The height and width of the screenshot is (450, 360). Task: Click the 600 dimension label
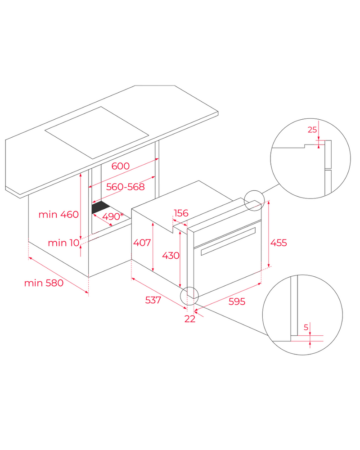click(x=121, y=166)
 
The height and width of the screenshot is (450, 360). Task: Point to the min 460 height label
click(x=58, y=215)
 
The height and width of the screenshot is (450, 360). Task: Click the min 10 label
click(x=63, y=243)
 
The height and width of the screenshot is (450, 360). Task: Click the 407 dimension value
click(x=142, y=243)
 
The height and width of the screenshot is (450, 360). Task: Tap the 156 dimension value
click(x=181, y=213)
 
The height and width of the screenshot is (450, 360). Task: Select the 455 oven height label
click(x=279, y=243)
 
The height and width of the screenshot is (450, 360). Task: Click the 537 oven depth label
click(x=153, y=300)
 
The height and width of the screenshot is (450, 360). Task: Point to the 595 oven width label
click(x=237, y=302)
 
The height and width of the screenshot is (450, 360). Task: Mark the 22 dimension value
click(x=190, y=319)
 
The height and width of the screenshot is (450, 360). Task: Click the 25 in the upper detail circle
click(x=312, y=130)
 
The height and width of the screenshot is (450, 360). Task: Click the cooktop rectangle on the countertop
click(x=97, y=133)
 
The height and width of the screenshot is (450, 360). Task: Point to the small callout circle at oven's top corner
click(x=254, y=200)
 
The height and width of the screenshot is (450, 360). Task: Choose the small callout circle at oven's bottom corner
click(x=189, y=296)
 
